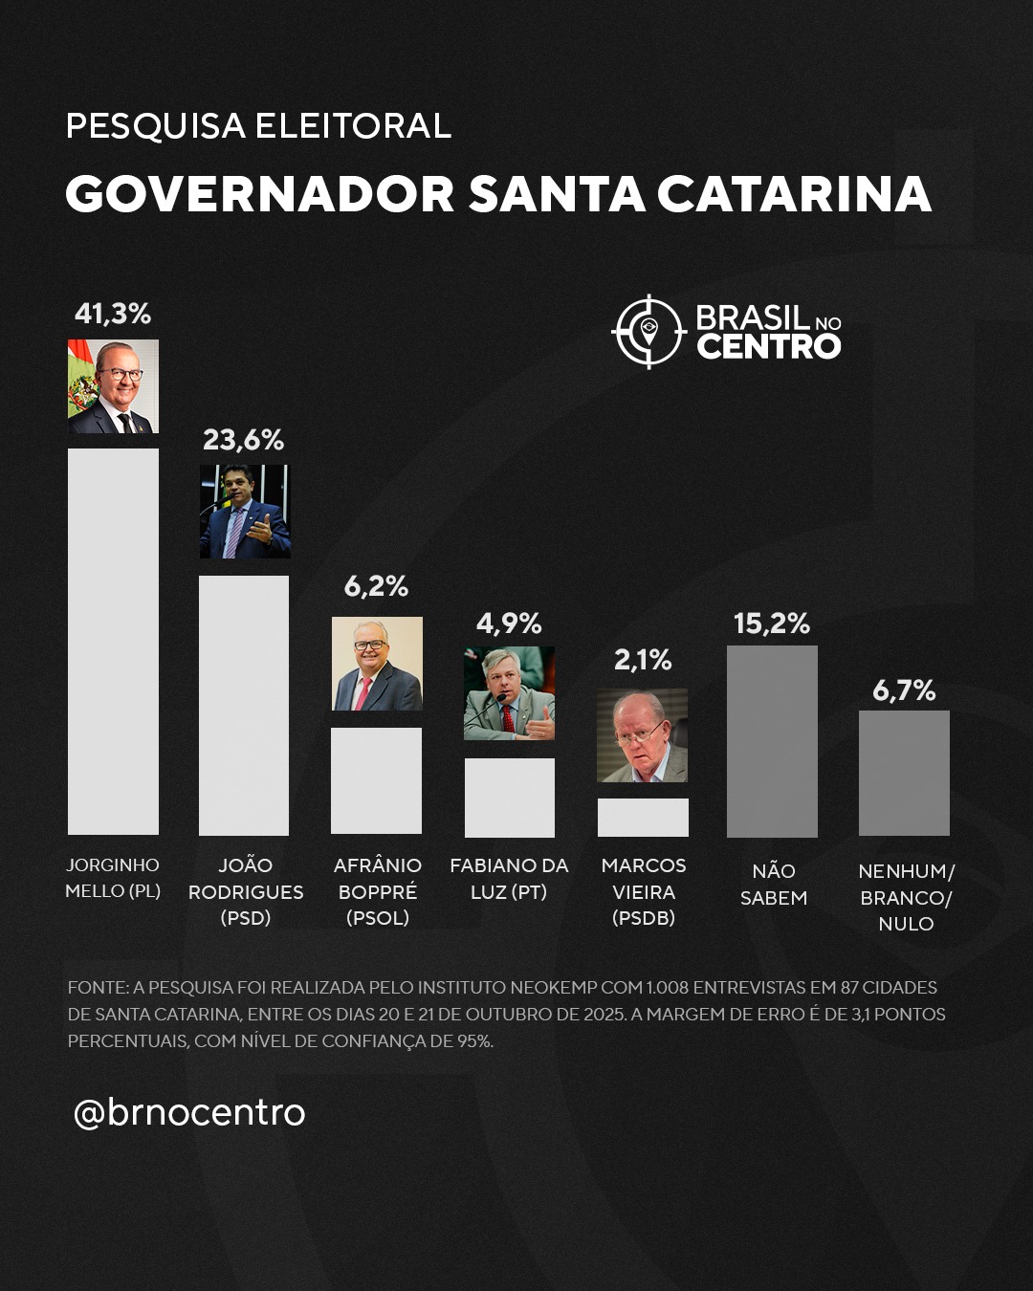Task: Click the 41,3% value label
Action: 113,314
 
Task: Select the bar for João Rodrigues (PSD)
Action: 244,706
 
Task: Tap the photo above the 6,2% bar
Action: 377,664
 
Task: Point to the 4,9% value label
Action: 509,624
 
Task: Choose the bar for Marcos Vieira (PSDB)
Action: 643,817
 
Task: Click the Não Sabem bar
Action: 772,741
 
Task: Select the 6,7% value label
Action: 904,690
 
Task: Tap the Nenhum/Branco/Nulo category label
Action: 906,897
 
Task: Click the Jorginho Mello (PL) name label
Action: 113,878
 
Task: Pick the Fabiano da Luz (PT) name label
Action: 509,878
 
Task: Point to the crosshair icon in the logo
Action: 648,331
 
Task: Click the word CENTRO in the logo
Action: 769,346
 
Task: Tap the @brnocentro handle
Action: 189,1114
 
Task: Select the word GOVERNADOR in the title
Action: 260,194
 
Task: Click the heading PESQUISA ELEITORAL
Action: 258,125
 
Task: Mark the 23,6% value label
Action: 244,440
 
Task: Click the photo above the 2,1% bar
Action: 642,735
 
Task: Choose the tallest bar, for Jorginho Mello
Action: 113,642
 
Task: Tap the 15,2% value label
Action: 772,624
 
